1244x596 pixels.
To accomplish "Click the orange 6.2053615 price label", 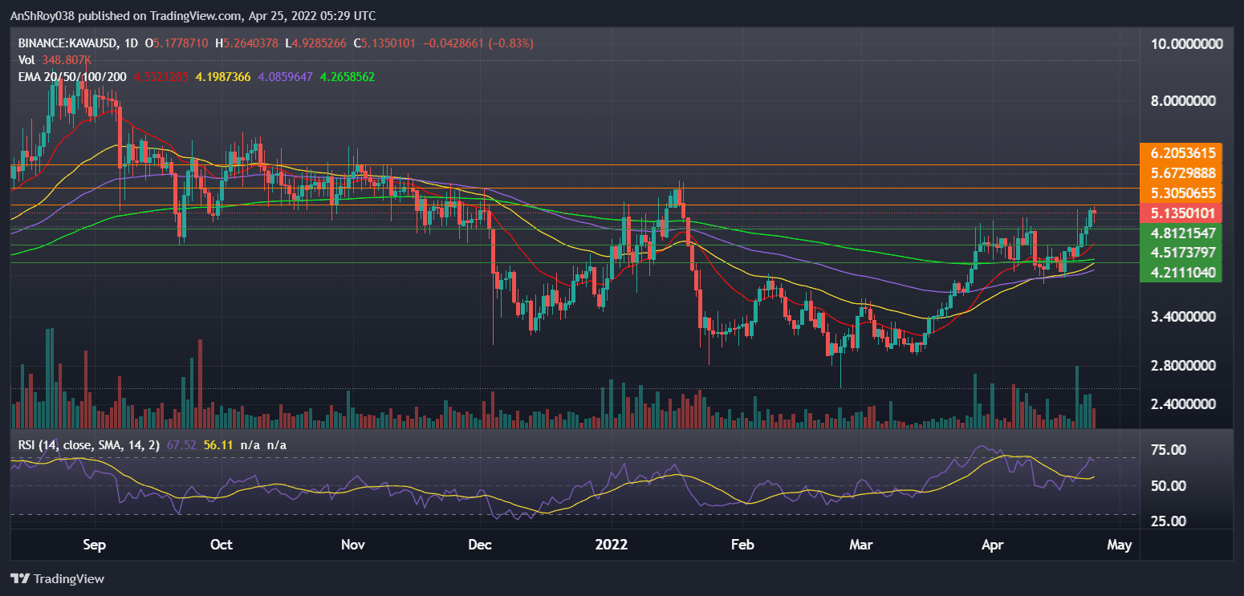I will pyautogui.click(x=1182, y=152).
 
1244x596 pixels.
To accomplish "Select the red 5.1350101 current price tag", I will pyautogui.click(x=1182, y=213).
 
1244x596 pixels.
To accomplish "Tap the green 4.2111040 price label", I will pyautogui.click(x=1182, y=273).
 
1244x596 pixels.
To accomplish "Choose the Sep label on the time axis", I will pyautogui.click(x=95, y=545).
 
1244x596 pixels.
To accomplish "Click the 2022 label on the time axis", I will pyautogui.click(x=611, y=545).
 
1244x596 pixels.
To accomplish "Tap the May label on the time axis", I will pyautogui.click(x=1120, y=545).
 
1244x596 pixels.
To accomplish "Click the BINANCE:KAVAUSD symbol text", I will pyautogui.click(x=67, y=43).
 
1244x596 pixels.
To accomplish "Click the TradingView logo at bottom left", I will pyautogui.click(x=58, y=578).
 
